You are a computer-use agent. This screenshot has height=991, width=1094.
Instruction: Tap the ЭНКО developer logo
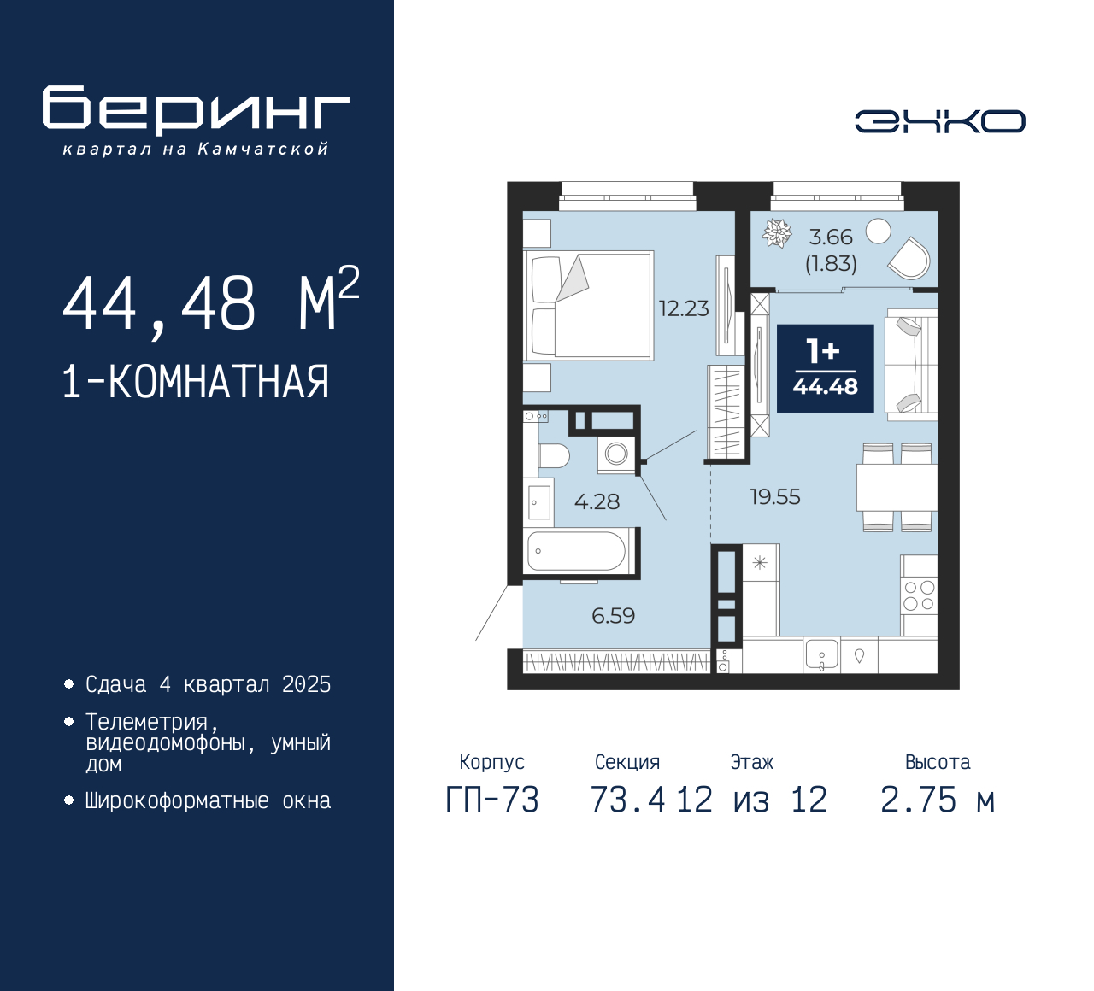tap(939, 121)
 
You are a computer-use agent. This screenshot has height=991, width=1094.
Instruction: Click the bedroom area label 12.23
tap(684, 308)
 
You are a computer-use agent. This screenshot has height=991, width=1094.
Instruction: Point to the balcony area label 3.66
tap(830, 237)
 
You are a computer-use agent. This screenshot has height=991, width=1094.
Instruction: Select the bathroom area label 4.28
tap(597, 501)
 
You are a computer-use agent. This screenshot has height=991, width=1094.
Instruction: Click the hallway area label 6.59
tap(613, 616)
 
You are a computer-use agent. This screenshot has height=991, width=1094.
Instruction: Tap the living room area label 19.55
tap(775, 497)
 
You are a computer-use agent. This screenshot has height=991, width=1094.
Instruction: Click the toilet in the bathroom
tap(554, 455)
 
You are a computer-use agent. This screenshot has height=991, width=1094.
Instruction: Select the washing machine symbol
tap(616, 454)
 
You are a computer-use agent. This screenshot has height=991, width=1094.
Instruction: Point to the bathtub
tap(576, 551)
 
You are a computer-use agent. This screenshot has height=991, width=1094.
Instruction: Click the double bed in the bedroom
tap(588, 305)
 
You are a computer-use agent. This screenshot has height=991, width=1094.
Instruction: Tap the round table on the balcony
tap(878, 232)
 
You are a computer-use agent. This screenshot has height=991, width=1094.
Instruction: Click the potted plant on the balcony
tap(776, 232)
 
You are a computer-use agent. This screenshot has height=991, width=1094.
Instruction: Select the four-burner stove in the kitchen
tap(919, 595)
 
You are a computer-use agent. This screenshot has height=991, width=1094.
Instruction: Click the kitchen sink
tap(820, 654)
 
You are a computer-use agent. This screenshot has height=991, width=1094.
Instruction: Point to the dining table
tap(897, 487)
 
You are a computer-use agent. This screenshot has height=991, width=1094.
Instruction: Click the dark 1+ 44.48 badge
tap(825, 368)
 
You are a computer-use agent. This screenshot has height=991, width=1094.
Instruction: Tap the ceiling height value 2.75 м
tap(938, 800)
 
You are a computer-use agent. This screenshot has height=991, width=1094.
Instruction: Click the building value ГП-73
tap(492, 800)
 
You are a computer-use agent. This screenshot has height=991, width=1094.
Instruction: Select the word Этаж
tap(751, 762)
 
